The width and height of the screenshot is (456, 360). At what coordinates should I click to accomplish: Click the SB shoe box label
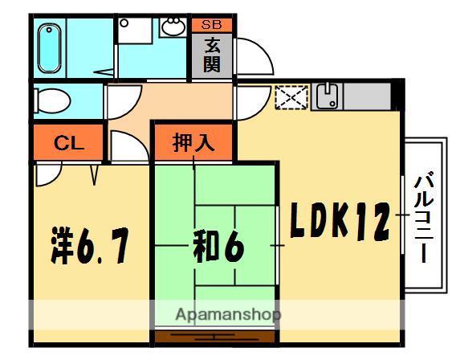tap(212, 25)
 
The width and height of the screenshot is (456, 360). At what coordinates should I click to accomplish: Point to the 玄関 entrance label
tap(212, 55)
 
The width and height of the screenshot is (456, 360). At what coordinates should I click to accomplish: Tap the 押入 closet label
tap(193, 143)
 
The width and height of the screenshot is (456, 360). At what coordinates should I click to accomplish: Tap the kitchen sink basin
tap(328, 98)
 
